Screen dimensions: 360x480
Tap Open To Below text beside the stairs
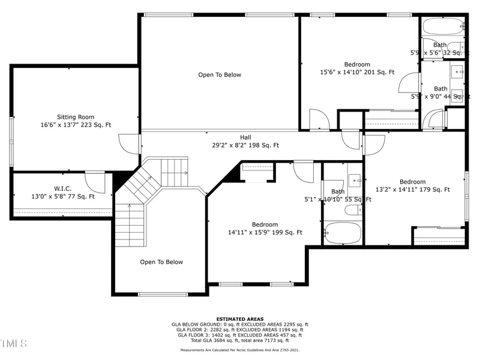click(x=161, y=262)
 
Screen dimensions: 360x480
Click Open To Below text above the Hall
click(x=220, y=75)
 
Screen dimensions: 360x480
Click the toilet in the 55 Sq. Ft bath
click(x=352, y=209)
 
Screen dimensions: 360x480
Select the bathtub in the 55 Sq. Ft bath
click(x=343, y=232)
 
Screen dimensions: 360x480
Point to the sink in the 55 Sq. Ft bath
click(x=355, y=179)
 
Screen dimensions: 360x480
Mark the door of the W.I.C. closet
click(x=95, y=182)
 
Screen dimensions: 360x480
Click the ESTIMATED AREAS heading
click(x=239, y=319)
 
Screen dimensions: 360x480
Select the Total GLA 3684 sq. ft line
click(x=239, y=340)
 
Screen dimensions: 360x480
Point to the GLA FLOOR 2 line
click(x=239, y=329)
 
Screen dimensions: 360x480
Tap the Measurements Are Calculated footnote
click(x=239, y=350)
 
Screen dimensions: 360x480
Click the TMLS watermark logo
click(x=14, y=343)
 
